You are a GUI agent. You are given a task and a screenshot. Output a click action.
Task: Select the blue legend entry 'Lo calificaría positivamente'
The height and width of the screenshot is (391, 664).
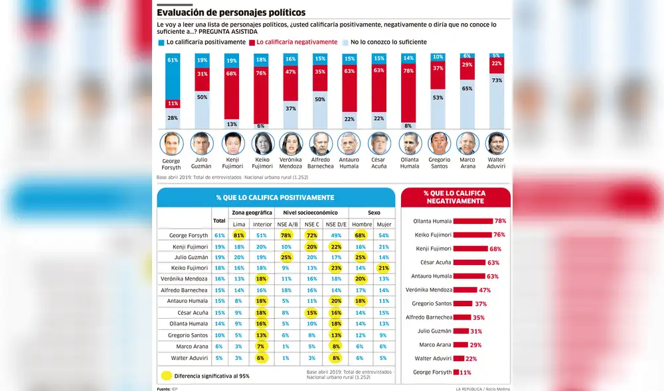[202, 42]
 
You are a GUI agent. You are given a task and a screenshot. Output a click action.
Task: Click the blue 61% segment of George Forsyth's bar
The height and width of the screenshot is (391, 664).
[173, 76]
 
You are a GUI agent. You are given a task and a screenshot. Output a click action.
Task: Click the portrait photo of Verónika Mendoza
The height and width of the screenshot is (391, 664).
[290, 143]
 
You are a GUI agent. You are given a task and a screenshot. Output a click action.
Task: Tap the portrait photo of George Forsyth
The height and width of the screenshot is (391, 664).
[171, 143]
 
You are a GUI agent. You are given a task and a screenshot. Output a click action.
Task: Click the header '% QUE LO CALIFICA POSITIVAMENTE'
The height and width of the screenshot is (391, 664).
[275, 197]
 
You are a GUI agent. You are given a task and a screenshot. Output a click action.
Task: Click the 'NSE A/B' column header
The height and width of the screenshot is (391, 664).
[288, 224]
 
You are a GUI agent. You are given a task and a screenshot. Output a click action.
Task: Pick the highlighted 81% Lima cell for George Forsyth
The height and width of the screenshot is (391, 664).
[240, 235]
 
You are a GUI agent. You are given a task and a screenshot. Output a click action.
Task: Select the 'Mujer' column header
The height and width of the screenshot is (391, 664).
[383, 224]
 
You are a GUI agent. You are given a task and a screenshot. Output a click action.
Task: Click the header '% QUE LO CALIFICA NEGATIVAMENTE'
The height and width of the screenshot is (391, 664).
[455, 197]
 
